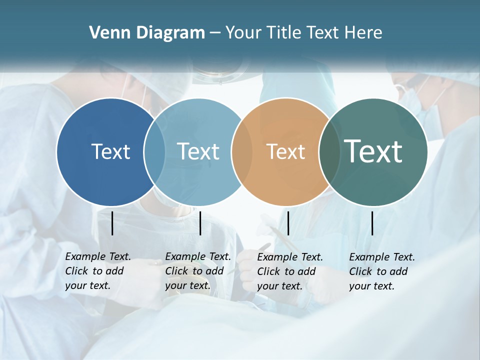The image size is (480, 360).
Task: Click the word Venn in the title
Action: [106, 33]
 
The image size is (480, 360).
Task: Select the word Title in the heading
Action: [283, 33]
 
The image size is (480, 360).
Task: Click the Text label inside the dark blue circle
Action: [110, 151]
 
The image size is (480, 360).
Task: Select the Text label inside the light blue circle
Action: [198, 151]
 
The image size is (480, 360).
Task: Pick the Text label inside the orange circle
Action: [285, 152]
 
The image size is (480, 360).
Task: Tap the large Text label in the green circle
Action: [373, 151]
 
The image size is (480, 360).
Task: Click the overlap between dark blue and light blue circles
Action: [154, 152]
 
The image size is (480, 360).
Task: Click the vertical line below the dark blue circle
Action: [112, 223]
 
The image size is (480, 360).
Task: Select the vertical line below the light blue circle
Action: [200, 223]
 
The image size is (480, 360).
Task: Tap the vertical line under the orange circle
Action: [288, 223]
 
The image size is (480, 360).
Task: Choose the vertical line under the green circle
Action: [372, 223]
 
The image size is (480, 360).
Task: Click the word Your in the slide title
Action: [243, 33]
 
